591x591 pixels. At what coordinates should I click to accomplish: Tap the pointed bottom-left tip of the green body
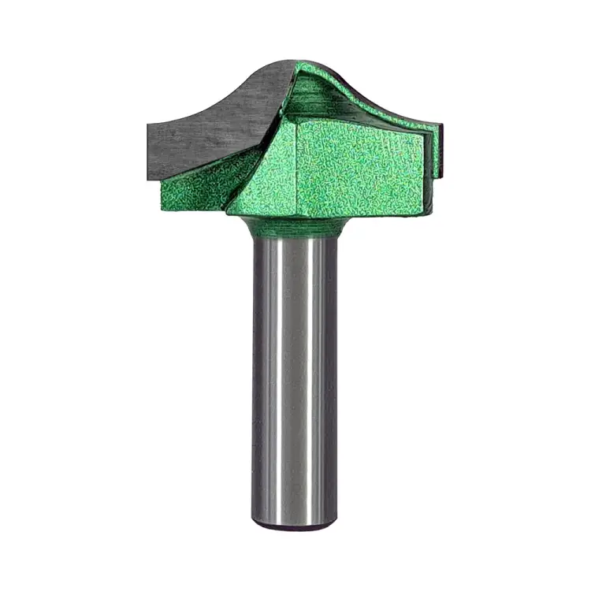[228, 212]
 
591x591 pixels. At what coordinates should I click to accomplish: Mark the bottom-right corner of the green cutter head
[431, 214]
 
